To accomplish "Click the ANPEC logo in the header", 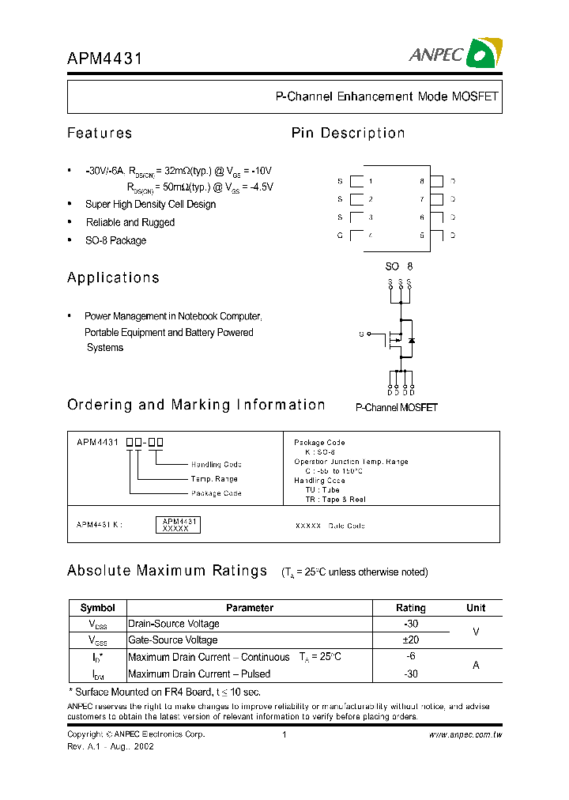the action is [x=454, y=54].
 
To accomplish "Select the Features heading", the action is [x=100, y=133].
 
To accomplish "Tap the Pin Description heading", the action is [x=348, y=133].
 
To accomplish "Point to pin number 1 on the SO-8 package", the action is [x=370, y=181].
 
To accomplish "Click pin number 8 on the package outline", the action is [x=422, y=181].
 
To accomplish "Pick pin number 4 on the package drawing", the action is [x=370, y=235].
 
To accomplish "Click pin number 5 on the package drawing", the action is [x=422, y=235].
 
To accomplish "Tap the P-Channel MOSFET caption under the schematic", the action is [x=396, y=408].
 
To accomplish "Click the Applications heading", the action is [x=113, y=277].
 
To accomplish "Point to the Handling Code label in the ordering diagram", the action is [x=216, y=465].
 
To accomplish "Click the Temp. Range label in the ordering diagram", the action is [x=213, y=479].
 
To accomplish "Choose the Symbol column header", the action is [x=97, y=608].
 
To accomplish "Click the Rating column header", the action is [x=410, y=608].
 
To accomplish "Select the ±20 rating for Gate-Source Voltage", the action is [x=410, y=640].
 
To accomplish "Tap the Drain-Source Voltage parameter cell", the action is [x=173, y=624].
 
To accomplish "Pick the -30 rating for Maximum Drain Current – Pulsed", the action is [x=410, y=674].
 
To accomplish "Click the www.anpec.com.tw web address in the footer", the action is [x=465, y=735].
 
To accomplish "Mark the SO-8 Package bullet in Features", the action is [x=115, y=240].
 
